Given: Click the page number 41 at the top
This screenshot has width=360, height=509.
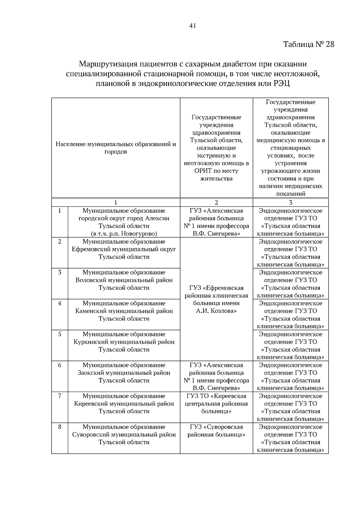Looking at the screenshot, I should point(193,26).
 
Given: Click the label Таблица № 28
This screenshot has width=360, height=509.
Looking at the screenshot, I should point(309,44).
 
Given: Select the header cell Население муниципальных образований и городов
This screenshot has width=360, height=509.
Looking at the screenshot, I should point(115,148).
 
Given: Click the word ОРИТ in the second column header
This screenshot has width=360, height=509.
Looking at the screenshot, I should point(203,171).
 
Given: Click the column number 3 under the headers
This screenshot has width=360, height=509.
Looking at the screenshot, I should point(290,202).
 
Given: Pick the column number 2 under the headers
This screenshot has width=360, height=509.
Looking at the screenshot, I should point(216,202).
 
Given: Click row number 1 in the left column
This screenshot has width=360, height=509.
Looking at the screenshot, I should point(60,211).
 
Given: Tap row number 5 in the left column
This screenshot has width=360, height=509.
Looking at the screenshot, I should point(60,334).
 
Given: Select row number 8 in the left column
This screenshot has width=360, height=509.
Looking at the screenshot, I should point(60,427).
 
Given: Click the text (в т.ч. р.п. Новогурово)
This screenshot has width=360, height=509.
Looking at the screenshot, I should point(124,234).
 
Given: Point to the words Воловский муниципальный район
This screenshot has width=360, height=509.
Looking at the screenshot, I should point(124,280).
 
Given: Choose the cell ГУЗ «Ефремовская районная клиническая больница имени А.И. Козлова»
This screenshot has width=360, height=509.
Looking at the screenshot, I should point(216,299).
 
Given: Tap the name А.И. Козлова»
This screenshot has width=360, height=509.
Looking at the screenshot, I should point(216,311).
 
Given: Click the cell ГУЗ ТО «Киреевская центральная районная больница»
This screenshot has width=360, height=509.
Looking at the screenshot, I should point(216,404).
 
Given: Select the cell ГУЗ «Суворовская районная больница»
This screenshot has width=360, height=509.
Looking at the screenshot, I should point(216,431).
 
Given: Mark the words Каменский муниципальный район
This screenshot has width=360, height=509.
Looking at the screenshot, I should point(124,311).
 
